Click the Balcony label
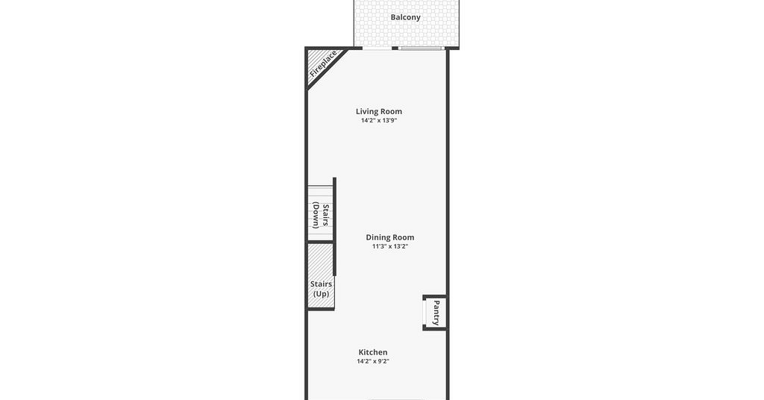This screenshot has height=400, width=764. click(405, 18)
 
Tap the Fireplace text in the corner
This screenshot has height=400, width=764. click(323, 63)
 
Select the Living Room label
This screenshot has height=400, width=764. click(378, 112)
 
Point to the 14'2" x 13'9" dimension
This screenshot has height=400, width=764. click(378, 120)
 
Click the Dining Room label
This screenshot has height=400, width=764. click(389, 238)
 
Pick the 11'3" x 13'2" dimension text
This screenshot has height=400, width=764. click(389, 246)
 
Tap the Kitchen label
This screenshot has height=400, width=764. click(373, 352)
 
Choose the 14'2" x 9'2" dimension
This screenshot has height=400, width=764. click(373, 361)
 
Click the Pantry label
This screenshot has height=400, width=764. click(436, 313)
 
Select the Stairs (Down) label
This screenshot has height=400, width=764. click(321, 216)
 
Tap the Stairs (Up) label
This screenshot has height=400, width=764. click(321, 289)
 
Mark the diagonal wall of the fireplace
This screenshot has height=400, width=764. click(327, 69)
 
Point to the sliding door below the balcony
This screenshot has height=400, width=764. click(419, 49)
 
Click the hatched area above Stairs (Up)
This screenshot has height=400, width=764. click(321, 260)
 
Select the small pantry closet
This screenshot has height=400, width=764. click(435, 313)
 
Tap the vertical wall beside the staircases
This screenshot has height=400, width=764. click(334, 227)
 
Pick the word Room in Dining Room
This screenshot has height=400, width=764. click(404, 238)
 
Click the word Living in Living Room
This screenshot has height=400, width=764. click(366, 112)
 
